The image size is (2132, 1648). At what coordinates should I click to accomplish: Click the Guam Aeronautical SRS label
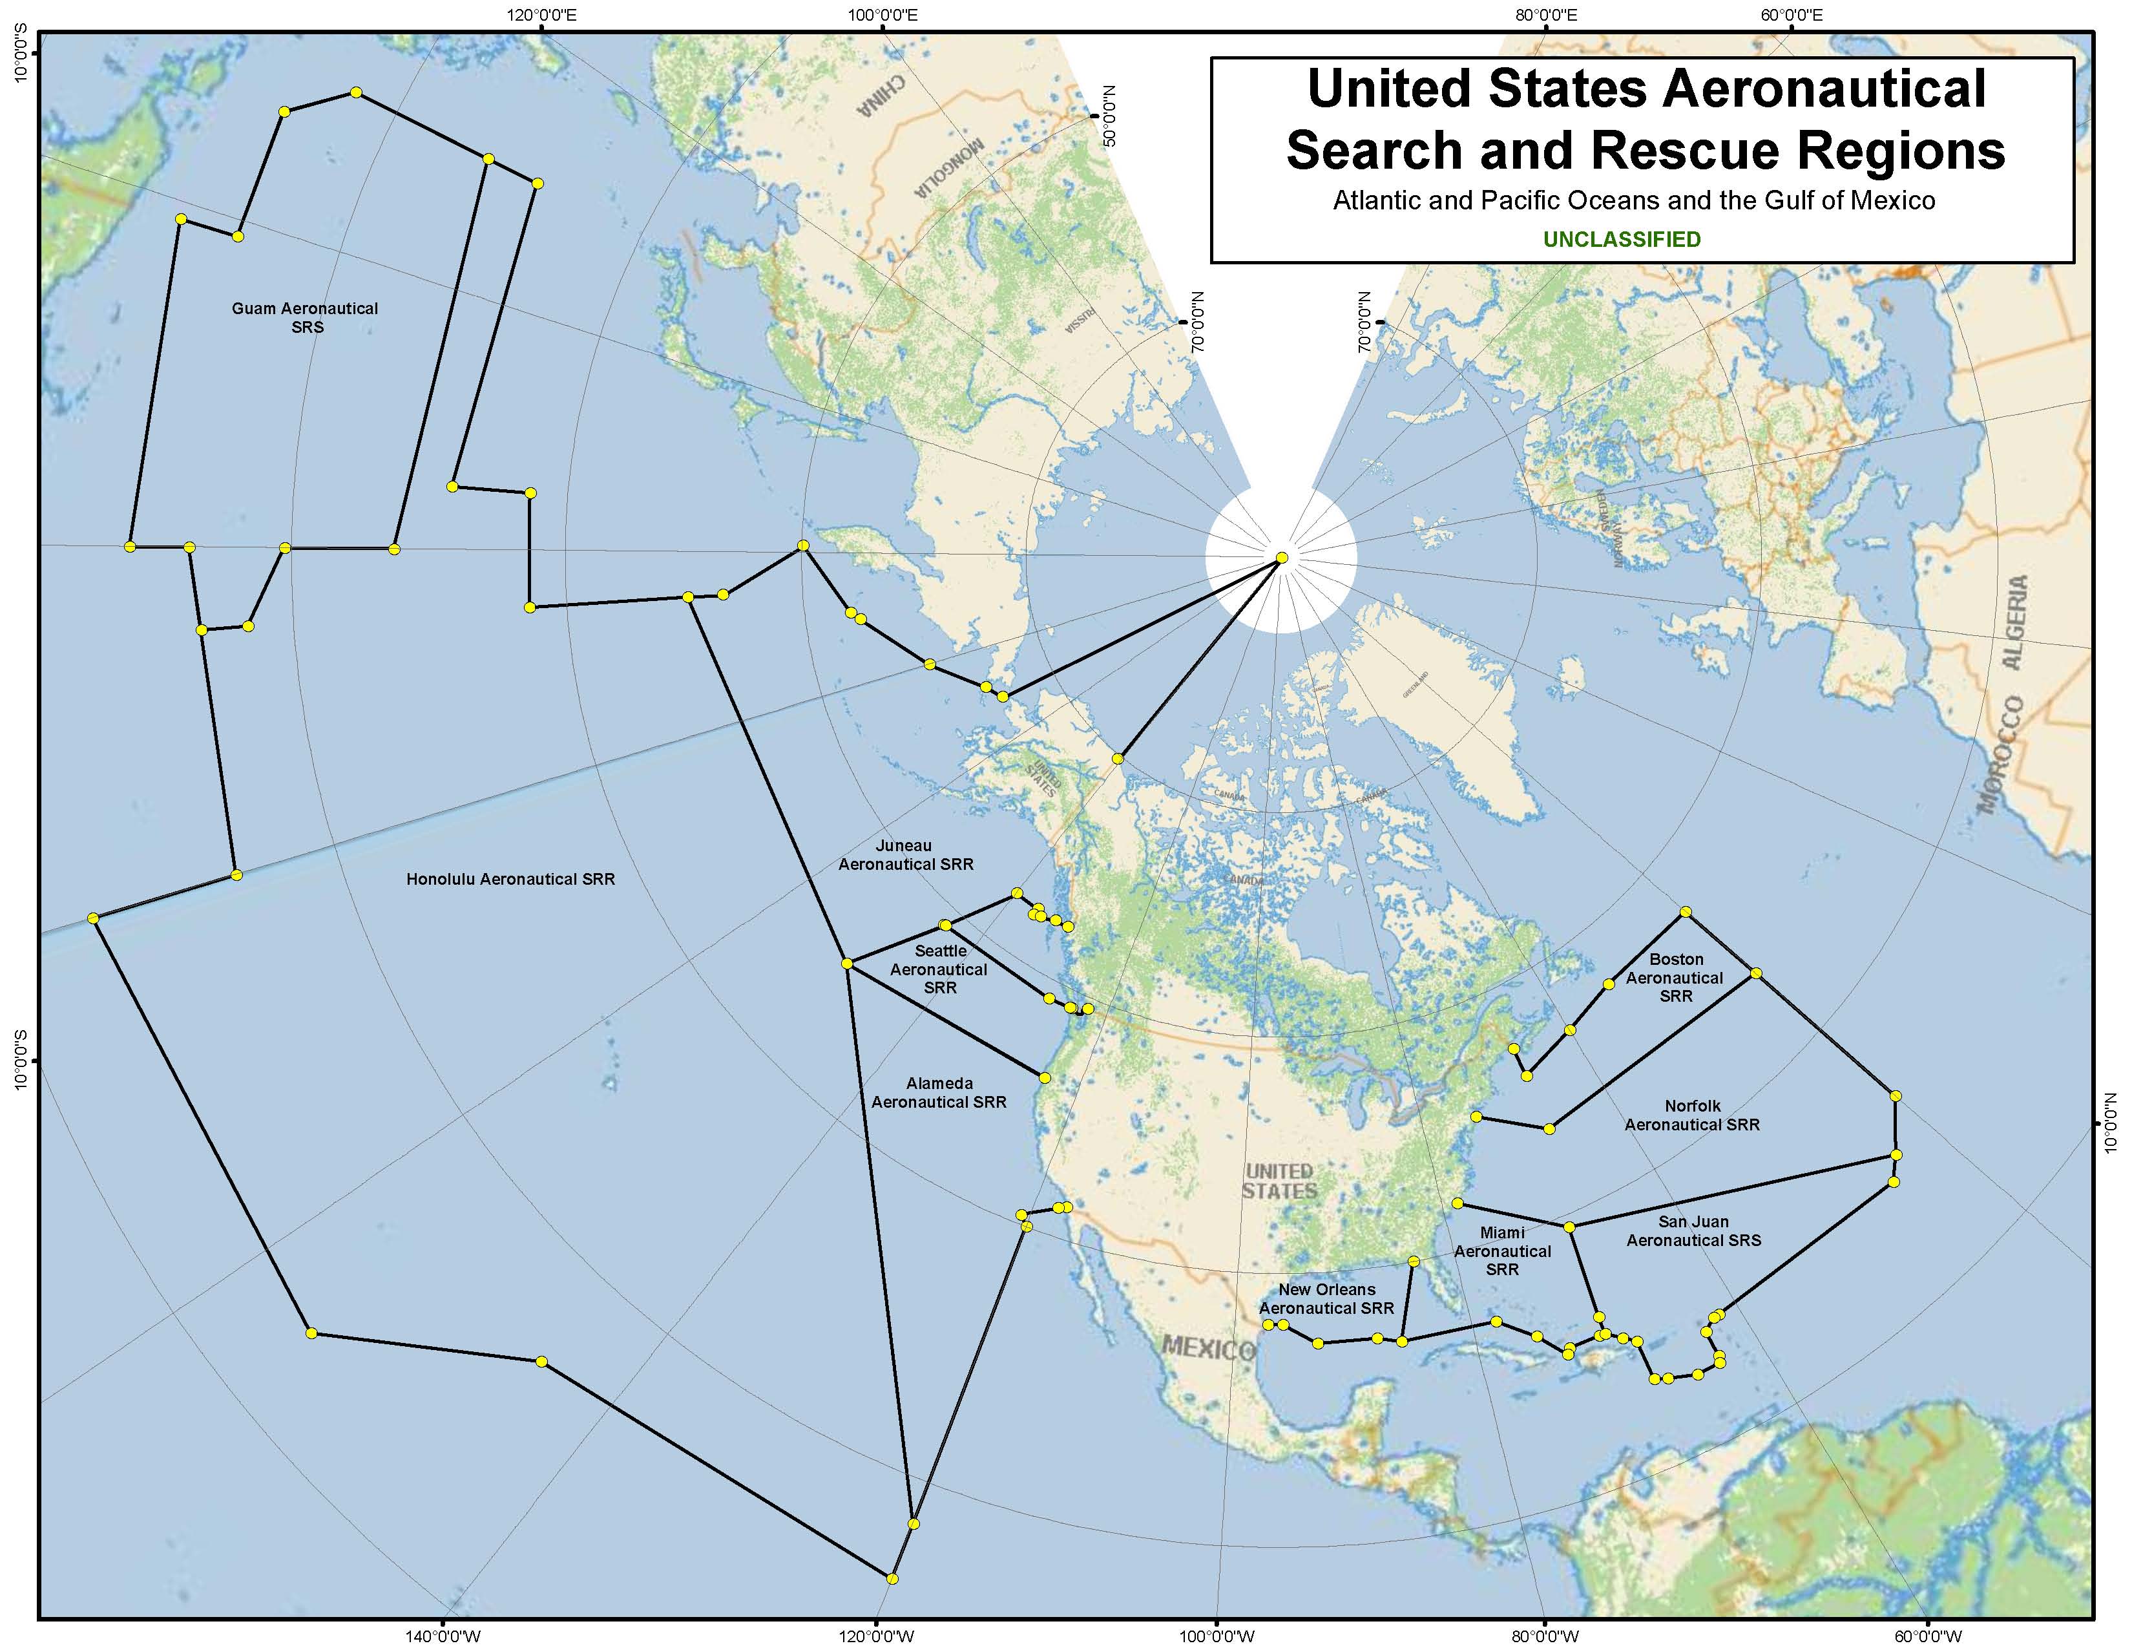(304, 317)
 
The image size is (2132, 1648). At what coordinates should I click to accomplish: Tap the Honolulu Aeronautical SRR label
(510, 879)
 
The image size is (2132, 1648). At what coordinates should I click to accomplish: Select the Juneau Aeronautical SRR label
(906, 855)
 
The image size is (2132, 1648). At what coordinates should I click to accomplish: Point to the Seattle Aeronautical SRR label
(939, 969)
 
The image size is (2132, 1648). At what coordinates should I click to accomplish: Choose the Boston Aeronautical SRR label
(1675, 977)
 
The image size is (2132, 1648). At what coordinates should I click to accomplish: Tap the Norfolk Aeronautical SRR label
(1692, 1115)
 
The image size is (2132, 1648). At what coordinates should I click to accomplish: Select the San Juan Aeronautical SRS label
(1693, 1231)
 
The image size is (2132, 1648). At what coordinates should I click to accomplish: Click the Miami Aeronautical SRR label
(1501, 1251)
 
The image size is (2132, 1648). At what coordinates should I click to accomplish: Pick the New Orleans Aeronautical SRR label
(1326, 1298)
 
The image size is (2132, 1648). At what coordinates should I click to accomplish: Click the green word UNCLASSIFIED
(1622, 239)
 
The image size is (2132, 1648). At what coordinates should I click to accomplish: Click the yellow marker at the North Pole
(1282, 558)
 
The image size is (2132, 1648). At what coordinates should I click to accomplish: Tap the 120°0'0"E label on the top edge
(542, 15)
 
